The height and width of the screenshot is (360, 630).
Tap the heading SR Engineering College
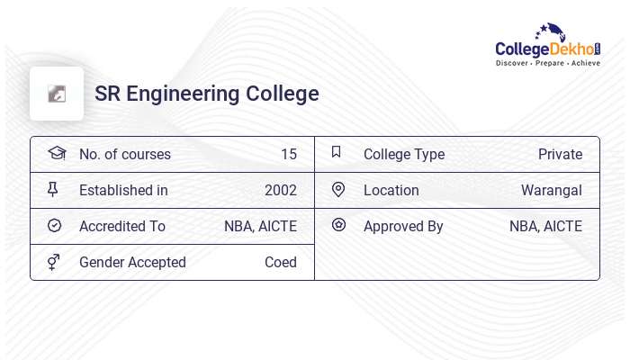(207, 94)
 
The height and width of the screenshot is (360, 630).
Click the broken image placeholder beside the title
(57, 94)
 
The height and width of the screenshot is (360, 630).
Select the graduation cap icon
(56, 153)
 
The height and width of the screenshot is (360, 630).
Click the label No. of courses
(125, 155)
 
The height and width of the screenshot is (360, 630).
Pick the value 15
(289, 155)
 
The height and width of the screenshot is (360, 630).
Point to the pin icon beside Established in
(53, 190)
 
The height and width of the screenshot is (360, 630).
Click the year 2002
(281, 191)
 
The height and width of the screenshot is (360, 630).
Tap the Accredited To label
(122, 227)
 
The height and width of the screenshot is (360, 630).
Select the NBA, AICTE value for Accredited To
(260, 227)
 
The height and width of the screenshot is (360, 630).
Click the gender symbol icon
(54, 262)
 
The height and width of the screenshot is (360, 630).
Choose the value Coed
(281, 263)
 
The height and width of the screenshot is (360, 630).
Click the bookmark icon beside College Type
(337, 153)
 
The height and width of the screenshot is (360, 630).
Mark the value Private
(560, 155)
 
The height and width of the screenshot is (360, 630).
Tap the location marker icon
(338, 190)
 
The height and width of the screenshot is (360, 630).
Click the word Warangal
(552, 191)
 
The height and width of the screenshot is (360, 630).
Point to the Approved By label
(403, 227)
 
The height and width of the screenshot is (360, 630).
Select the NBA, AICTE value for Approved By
(545, 227)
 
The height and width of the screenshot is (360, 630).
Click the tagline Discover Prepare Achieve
(547, 64)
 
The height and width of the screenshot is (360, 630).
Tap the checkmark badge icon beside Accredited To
(54, 226)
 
